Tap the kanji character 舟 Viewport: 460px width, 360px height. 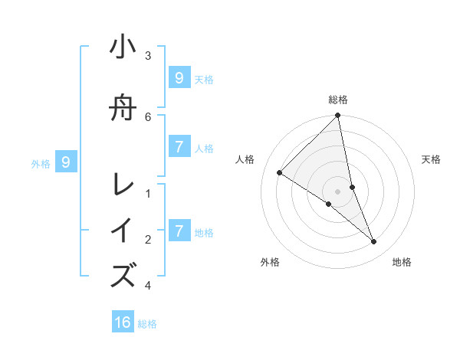123,109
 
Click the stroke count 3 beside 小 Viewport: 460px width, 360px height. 148,56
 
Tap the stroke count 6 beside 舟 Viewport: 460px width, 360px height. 148,116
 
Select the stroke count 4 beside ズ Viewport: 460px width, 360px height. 148,286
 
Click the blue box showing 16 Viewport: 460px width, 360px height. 123,322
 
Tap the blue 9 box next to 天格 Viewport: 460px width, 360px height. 179,78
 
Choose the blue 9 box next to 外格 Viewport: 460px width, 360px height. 66,162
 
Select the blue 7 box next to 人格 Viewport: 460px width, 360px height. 179,147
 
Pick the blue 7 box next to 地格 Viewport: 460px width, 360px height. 179,231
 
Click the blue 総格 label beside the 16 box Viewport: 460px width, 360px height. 147,324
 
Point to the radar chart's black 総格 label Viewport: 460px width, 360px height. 338,100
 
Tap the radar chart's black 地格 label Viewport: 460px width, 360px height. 402,263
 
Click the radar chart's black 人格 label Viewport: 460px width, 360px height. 245,159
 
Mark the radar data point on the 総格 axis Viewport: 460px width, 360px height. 338,116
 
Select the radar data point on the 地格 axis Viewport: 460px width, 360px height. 374,241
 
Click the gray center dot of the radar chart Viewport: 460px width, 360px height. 338,191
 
